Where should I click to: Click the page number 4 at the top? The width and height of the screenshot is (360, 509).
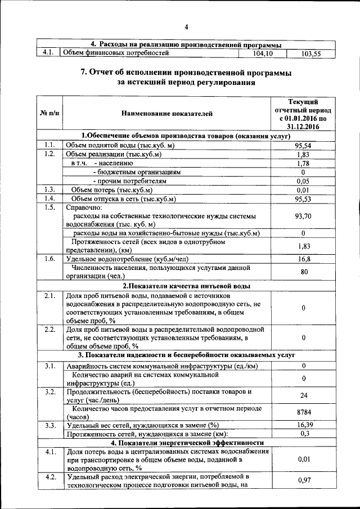point(186,27)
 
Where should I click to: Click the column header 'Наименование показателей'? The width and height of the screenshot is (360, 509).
point(167,114)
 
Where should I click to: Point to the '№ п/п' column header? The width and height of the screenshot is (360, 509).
point(49,114)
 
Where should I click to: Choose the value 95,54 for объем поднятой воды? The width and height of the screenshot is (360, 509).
point(303,145)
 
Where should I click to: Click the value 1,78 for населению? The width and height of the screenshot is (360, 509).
point(303,163)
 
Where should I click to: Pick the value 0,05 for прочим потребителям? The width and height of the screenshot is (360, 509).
point(303,181)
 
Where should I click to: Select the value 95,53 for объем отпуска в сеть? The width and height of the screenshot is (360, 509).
point(303,199)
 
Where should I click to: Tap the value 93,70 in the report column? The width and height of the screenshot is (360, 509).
point(303,216)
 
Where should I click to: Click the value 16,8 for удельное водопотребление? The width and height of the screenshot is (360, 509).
point(303,259)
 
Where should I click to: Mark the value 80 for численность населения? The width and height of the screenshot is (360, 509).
point(303,272)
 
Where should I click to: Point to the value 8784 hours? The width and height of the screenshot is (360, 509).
point(303,412)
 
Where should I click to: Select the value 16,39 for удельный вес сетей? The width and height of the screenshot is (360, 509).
point(303,425)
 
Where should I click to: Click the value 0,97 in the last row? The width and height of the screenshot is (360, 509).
point(303,482)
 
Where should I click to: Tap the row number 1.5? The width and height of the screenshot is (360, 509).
point(49,208)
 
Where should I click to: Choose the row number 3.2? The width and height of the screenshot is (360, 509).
point(49,391)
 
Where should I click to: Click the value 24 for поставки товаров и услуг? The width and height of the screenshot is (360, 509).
point(303,395)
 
